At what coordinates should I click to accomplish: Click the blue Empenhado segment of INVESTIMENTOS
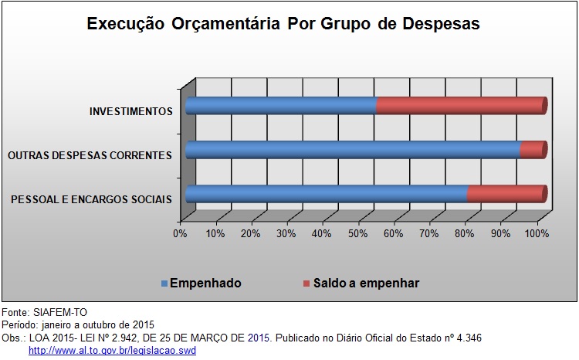[281, 106]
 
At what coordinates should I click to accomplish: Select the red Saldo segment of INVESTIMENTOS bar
[462, 106]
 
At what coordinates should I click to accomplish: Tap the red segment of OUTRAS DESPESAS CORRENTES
[533, 150]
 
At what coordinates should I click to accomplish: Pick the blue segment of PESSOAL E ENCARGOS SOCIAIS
[326, 194]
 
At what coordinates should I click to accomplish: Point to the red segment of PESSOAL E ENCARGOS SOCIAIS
[507, 194]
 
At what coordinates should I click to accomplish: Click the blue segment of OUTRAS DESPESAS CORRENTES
[353, 150]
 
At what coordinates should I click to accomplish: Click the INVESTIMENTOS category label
[130, 111]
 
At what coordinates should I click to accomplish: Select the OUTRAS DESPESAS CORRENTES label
[90, 155]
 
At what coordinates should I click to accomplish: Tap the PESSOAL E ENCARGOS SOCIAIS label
[91, 199]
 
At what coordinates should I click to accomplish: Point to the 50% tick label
[357, 233]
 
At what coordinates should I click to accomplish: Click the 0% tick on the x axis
[180, 233]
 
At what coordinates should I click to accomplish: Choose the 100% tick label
[537, 233]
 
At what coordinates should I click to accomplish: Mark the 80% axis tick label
[465, 233]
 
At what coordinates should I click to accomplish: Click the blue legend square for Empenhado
[164, 284]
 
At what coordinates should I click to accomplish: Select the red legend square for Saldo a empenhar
[306, 284]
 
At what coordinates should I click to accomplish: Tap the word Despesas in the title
[441, 24]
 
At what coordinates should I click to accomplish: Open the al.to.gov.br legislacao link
[112, 351]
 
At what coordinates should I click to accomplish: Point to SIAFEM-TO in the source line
[60, 313]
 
